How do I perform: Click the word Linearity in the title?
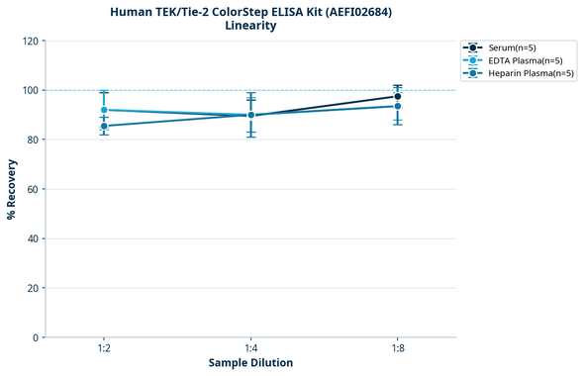coord(250,26)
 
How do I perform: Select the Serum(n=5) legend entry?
coord(512,47)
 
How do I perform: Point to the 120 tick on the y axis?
coord(30,41)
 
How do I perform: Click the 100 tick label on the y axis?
coord(30,90)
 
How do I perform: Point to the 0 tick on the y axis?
coord(36,337)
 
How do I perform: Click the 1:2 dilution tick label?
coord(104,349)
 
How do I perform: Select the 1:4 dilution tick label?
coord(250,349)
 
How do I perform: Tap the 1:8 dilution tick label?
coord(397,349)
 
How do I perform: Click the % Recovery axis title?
coord(12,189)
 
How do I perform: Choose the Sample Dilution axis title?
coord(250,363)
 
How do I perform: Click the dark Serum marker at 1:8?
coord(397,96)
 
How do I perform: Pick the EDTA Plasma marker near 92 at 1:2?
coord(104,110)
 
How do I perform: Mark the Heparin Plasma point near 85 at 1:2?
coord(104,126)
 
